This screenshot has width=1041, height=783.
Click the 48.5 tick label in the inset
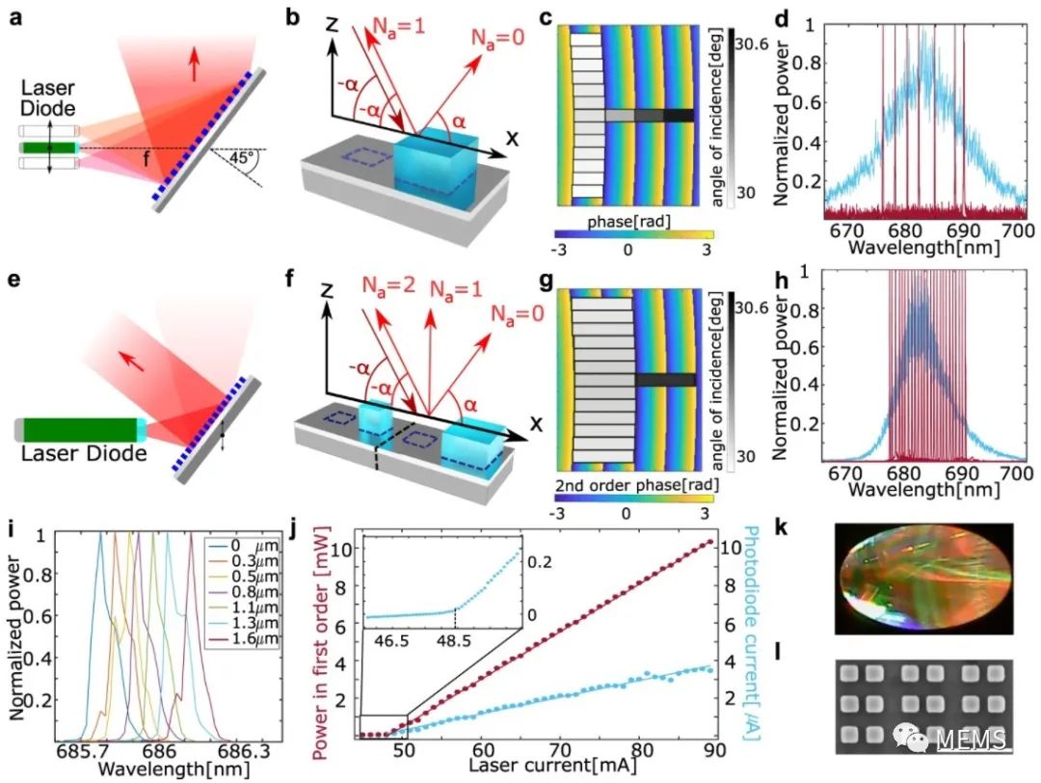pyautogui.click(x=454, y=641)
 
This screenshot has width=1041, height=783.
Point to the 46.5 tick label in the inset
pyautogui.click(x=391, y=641)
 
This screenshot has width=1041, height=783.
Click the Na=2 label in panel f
pyautogui.click(x=389, y=286)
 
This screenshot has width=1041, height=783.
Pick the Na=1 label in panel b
pyautogui.click(x=399, y=28)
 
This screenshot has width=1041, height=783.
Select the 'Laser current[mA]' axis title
pyautogui.click(x=553, y=765)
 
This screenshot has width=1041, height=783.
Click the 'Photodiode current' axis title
pyautogui.click(x=752, y=633)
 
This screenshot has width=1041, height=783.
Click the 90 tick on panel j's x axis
pyautogui.click(x=713, y=750)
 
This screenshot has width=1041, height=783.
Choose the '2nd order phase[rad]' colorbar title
pyautogui.click(x=637, y=485)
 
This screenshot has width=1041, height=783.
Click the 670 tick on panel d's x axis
pyautogui.click(x=847, y=230)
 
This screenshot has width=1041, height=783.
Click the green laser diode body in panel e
pyautogui.click(x=80, y=430)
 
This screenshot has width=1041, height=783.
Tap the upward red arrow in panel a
pyautogui.click(x=194, y=65)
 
